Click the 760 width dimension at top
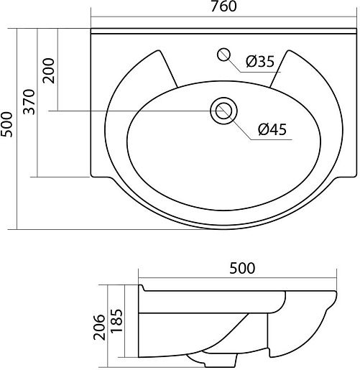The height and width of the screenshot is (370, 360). pos(223,6)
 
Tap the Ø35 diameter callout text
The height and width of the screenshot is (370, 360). pos(260,62)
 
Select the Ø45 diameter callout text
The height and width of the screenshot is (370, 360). pos(272,129)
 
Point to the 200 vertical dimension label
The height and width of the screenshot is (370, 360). pos(49,70)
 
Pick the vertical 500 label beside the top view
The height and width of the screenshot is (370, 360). pos(6,124)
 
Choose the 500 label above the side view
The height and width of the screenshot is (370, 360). pos(242,269)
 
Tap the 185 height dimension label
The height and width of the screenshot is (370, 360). pos(116,320)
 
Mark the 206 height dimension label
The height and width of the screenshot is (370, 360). pos(99,328)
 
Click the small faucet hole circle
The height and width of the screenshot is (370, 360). pos(223,55)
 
